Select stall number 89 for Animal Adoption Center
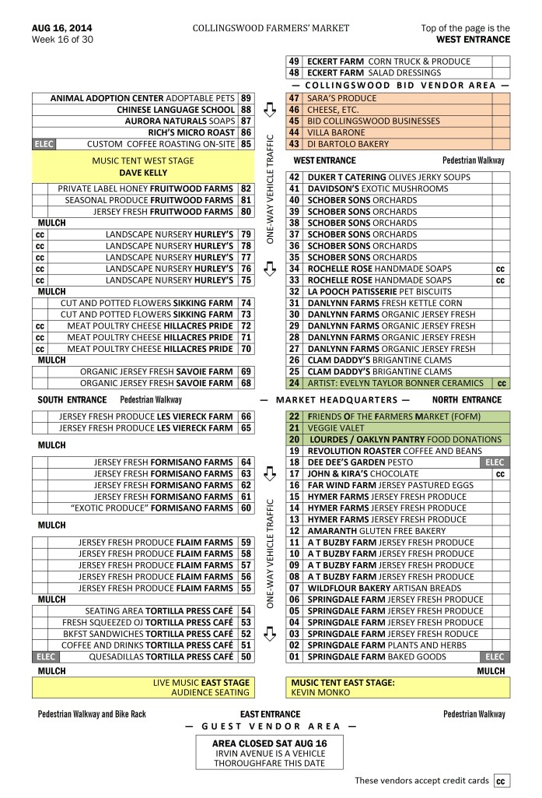tap(247, 98)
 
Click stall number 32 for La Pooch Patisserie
tap(294, 291)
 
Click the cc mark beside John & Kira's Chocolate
tap(500, 473)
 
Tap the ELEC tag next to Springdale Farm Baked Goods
tap(495, 656)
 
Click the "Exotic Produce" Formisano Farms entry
tap(151, 508)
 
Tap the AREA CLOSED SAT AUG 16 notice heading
tap(270, 744)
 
